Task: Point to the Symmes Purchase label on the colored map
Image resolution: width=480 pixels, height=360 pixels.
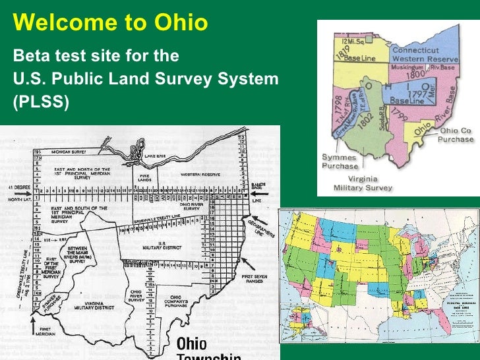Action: point(340,162)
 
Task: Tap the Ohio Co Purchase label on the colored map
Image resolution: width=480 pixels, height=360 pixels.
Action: point(456,135)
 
